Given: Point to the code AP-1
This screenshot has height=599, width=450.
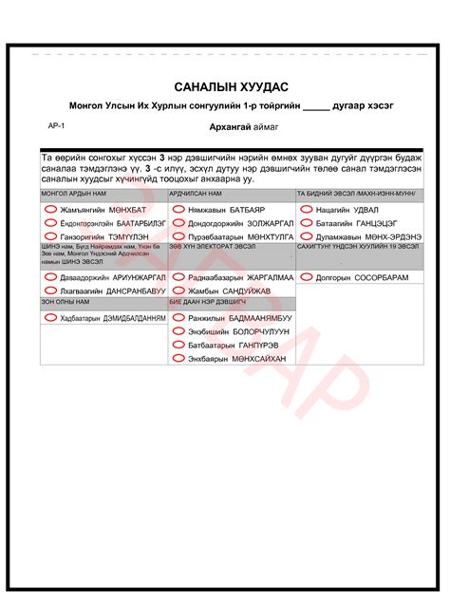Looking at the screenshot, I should pos(56,124).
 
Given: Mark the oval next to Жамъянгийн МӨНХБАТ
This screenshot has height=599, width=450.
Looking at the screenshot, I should pos(50,208).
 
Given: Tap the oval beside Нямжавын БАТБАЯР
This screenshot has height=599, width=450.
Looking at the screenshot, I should pos(178,208).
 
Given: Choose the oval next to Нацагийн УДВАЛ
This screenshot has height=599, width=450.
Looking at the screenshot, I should pos(305,208).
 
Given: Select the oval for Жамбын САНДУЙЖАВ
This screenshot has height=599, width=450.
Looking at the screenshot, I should pos(178,290).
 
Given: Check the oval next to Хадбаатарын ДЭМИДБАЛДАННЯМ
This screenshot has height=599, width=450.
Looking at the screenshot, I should pos(50,318).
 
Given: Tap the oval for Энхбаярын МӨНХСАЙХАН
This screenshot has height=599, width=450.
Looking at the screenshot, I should pos(178,360).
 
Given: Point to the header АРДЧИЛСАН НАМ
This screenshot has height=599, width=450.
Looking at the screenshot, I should pos(195,193).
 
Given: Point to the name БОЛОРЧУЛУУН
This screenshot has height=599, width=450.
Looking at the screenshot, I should pos(255,332).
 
